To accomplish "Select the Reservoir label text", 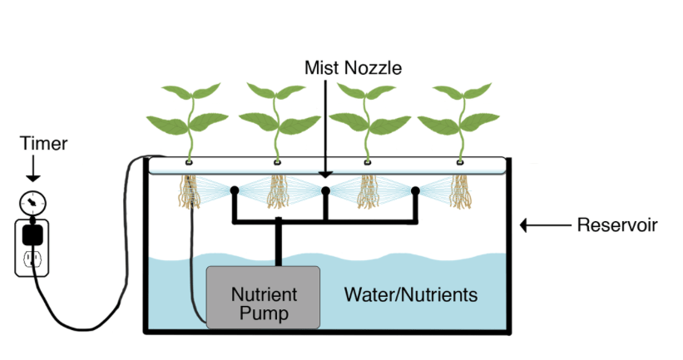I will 616,224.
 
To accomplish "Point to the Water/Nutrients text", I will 411,294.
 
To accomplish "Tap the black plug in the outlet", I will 32,234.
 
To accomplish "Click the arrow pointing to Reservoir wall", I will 542,224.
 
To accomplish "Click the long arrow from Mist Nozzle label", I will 330,125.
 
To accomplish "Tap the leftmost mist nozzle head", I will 235,190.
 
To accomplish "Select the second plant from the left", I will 276,116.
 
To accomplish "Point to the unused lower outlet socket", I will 32,260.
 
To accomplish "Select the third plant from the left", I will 368,116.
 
